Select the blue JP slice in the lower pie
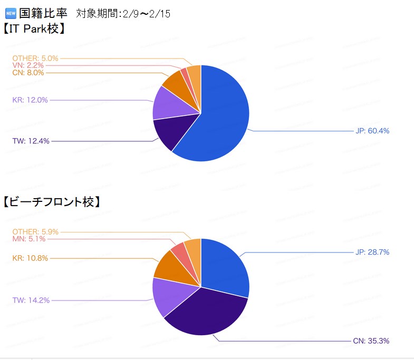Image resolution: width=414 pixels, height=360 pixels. [224, 266]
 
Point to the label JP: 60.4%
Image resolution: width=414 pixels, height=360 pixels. [372, 131]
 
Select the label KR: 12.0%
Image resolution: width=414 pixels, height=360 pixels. [30, 100]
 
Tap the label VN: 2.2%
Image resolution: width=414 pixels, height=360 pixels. [28, 65]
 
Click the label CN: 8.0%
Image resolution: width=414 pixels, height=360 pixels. [28, 73]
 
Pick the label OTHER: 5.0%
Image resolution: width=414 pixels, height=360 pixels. [35, 59]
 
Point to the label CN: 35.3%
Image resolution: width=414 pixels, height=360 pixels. [371, 341]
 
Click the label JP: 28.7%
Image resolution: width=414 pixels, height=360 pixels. [372, 252]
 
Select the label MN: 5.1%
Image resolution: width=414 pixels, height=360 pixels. [28, 239]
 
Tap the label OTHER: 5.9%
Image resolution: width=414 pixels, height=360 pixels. [35, 231]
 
